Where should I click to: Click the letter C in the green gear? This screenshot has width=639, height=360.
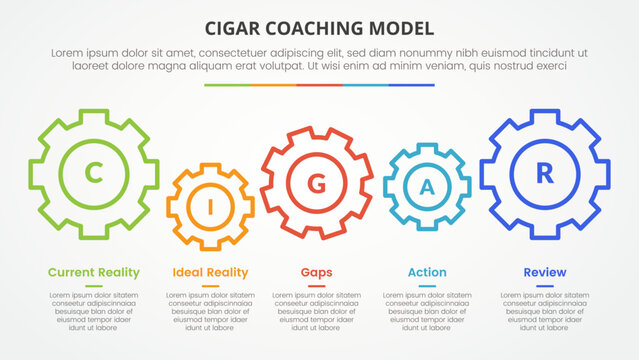click(x=93, y=174)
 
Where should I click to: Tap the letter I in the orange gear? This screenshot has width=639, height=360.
click(x=210, y=207)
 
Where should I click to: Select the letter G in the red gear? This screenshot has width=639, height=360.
click(x=317, y=183)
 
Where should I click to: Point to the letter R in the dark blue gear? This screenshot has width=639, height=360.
click(x=544, y=173)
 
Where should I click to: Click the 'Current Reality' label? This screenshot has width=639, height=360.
click(x=94, y=272)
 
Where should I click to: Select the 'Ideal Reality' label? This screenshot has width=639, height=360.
click(x=210, y=272)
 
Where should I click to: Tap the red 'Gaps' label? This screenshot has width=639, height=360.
click(x=317, y=272)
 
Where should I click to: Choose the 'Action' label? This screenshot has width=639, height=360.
click(x=427, y=272)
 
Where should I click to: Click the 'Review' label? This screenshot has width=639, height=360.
click(x=545, y=272)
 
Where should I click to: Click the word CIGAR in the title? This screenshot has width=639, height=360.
click(x=234, y=27)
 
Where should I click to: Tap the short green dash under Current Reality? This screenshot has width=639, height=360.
click(x=94, y=286)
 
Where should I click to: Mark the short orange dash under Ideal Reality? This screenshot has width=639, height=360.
click(x=210, y=286)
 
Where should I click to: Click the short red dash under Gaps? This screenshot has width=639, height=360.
click(x=317, y=286)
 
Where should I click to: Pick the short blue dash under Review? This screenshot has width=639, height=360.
click(x=545, y=286)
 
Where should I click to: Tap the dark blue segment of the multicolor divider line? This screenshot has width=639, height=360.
click(x=411, y=85)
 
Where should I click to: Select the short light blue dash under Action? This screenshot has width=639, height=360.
click(x=427, y=286)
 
